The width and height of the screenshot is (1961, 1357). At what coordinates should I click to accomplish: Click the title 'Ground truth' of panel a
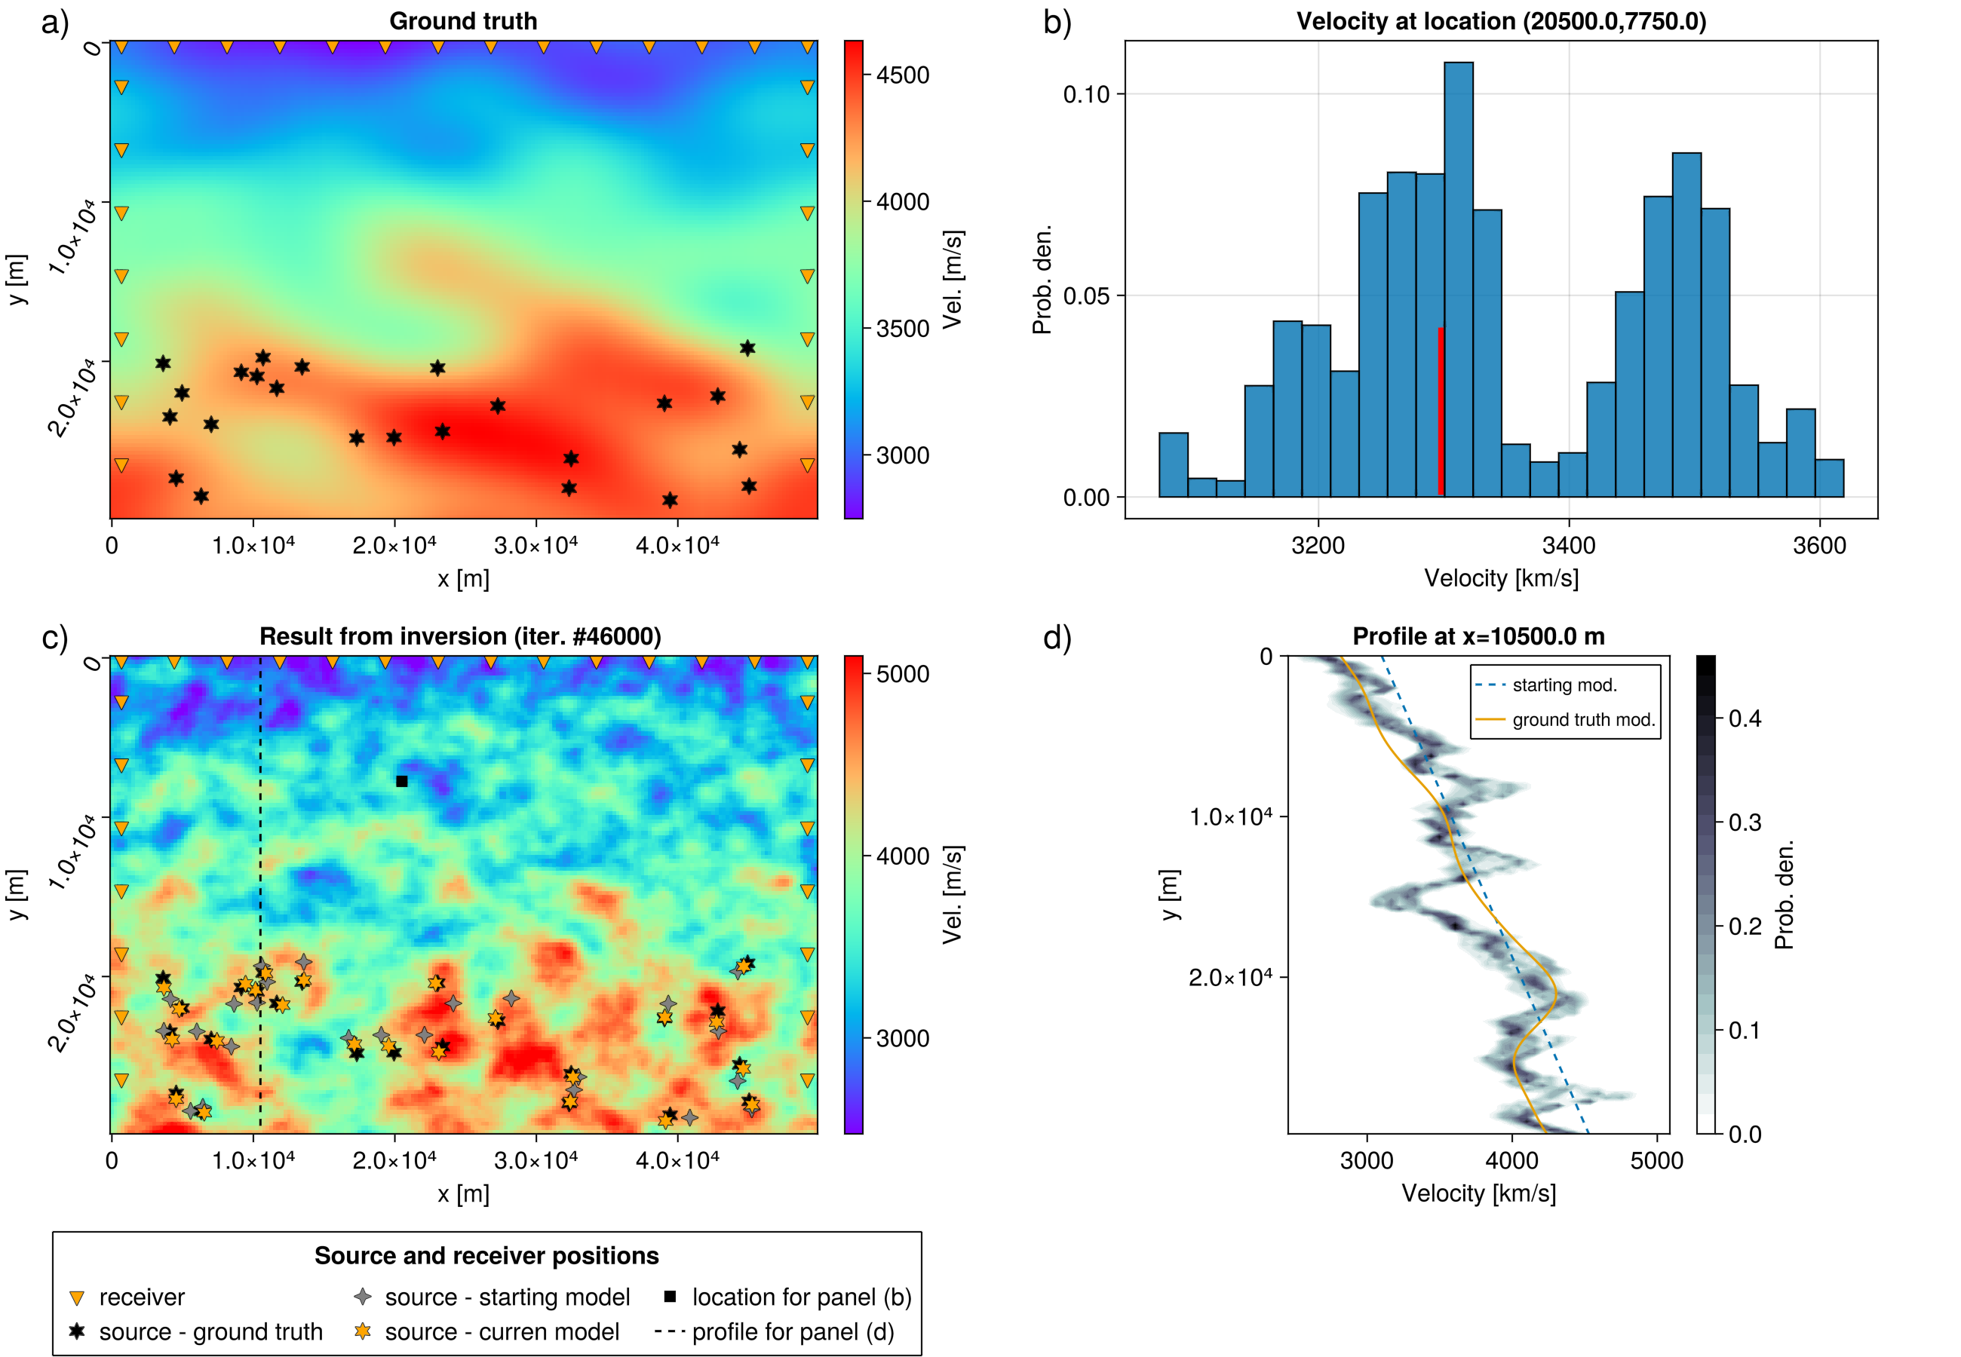click(462, 21)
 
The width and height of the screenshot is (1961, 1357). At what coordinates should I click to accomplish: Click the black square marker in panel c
click(402, 781)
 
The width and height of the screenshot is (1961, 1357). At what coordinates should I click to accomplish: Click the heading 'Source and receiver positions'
click(486, 1256)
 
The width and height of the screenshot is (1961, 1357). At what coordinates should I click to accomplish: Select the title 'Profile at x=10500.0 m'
click(1478, 637)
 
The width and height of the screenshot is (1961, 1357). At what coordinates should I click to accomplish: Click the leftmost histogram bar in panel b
click(1173, 465)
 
